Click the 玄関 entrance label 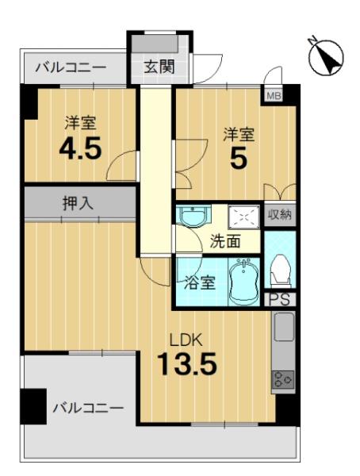(159, 67)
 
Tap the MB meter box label (274, 96)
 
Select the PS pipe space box (279, 300)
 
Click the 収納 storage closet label (280, 215)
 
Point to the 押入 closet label (78, 203)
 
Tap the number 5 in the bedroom (239, 159)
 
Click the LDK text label (186, 340)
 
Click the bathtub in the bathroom (243, 282)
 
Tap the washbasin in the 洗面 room (193, 215)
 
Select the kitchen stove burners (283, 379)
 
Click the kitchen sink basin (284, 327)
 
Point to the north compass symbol (326, 57)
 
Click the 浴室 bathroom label (201, 282)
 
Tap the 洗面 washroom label (225, 242)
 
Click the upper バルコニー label (71, 67)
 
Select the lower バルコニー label (88, 408)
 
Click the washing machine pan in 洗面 (244, 217)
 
